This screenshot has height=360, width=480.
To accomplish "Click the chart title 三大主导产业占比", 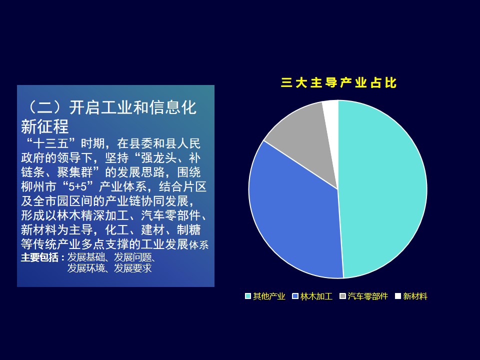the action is (338, 82).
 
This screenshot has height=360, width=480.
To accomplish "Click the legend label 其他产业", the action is (269, 296).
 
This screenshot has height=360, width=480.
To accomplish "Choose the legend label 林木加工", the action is (316, 296).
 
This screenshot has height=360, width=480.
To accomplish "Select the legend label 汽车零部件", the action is (367, 296).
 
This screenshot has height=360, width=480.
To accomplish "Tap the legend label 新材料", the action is (415, 296).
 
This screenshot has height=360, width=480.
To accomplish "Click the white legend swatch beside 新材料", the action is (398, 296).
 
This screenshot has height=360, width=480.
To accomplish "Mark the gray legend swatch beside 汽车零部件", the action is (343, 296).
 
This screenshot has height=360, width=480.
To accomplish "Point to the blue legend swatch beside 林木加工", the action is (295, 296).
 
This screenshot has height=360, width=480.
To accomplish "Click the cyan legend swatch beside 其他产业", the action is (248, 296).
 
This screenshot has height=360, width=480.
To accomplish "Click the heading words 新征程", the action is (44, 126).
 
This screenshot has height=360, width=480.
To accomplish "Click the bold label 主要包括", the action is (39, 257).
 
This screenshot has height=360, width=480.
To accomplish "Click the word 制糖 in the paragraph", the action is (189, 230).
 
